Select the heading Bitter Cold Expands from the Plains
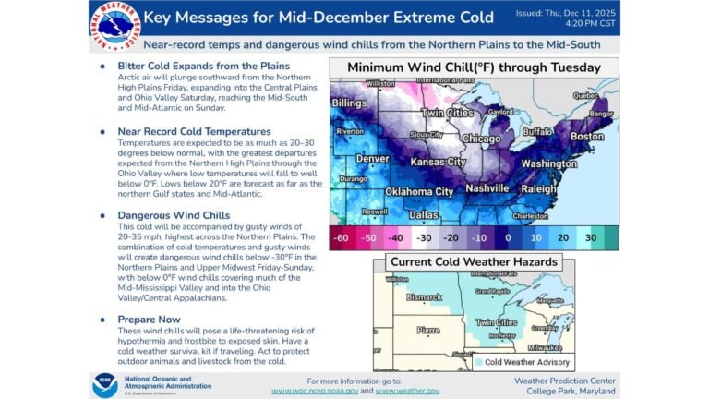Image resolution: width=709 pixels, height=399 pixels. pyautogui.click(x=202, y=66)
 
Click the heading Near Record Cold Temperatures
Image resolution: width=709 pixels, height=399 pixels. pyautogui.click(x=194, y=131)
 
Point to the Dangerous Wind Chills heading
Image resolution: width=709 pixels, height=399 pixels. pyautogui.click(x=174, y=215)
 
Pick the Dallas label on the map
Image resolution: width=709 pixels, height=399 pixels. pyautogui.click(x=425, y=214)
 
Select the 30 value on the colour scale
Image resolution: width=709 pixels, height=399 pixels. pyautogui.click(x=589, y=237)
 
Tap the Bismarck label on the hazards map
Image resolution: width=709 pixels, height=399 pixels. pyautogui.click(x=426, y=298)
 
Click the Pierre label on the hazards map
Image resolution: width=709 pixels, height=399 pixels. pyautogui.click(x=427, y=330)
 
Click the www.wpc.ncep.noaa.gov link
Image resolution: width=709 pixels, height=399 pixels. pyautogui.click(x=322, y=391)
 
